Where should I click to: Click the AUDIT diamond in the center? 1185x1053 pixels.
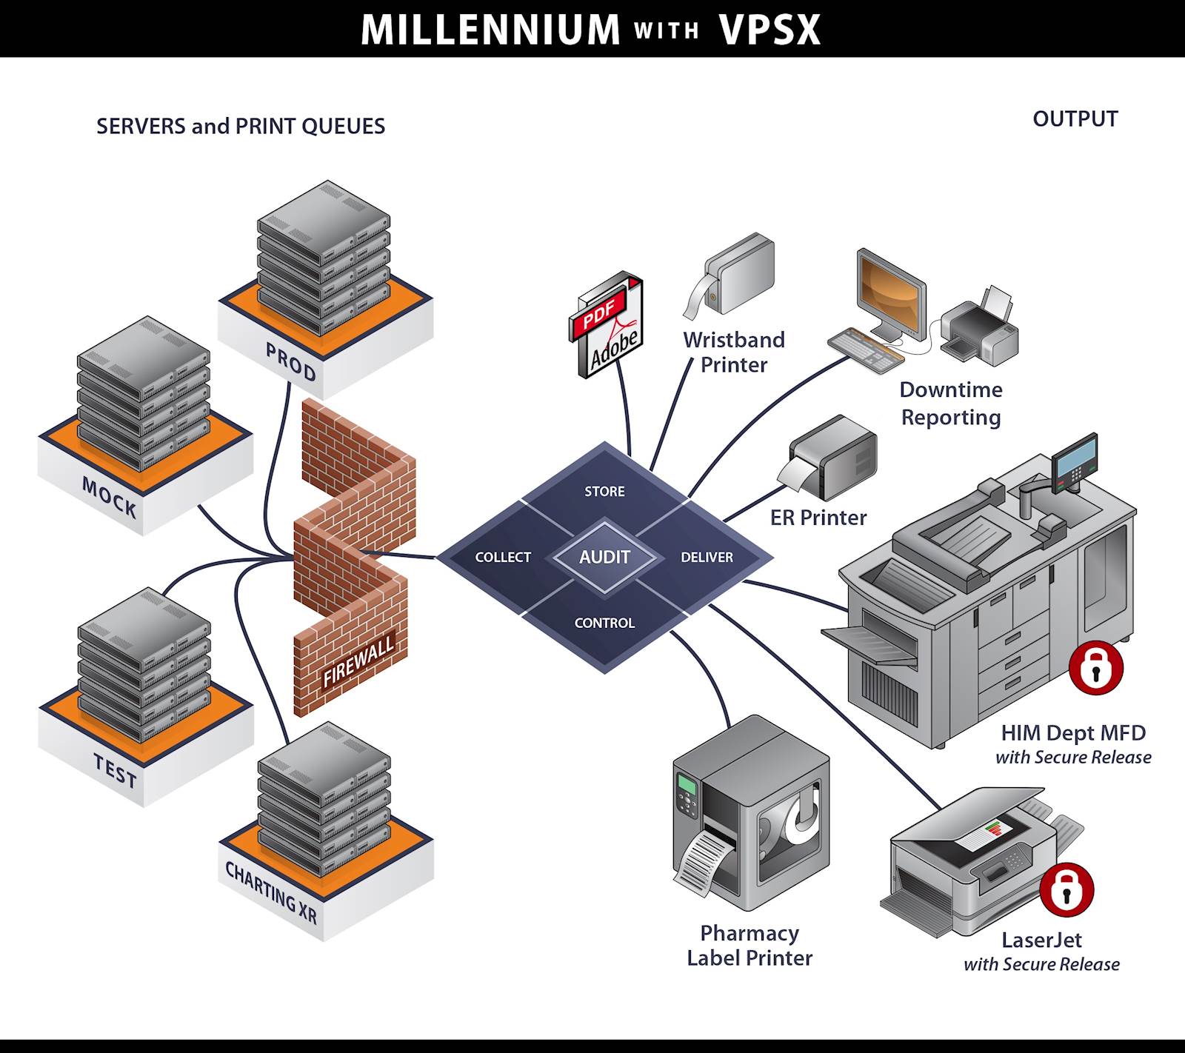click(604, 557)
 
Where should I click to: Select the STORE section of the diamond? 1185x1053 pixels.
click(604, 491)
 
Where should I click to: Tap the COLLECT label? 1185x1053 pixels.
click(503, 557)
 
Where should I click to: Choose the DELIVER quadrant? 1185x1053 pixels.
click(707, 557)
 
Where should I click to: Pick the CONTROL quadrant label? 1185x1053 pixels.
click(604, 623)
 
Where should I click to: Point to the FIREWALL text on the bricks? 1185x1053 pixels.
click(358, 661)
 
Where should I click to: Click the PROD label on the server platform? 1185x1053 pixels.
click(291, 363)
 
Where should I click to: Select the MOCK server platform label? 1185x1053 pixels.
click(110, 498)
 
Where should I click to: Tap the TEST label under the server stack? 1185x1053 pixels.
click(115, 770)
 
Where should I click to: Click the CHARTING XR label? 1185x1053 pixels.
click(271, 893)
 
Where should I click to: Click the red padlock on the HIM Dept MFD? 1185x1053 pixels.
click(1095, 668)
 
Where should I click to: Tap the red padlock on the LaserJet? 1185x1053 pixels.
click(1066, 889)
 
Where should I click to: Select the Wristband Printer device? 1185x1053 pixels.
click(737, 278)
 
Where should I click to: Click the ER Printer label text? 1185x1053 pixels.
click(818, 518)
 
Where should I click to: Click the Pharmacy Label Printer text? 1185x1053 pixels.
click(750, 946)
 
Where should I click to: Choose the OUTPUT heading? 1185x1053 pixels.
click(1075, 118)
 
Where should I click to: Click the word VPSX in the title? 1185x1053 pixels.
click(770, 30)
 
